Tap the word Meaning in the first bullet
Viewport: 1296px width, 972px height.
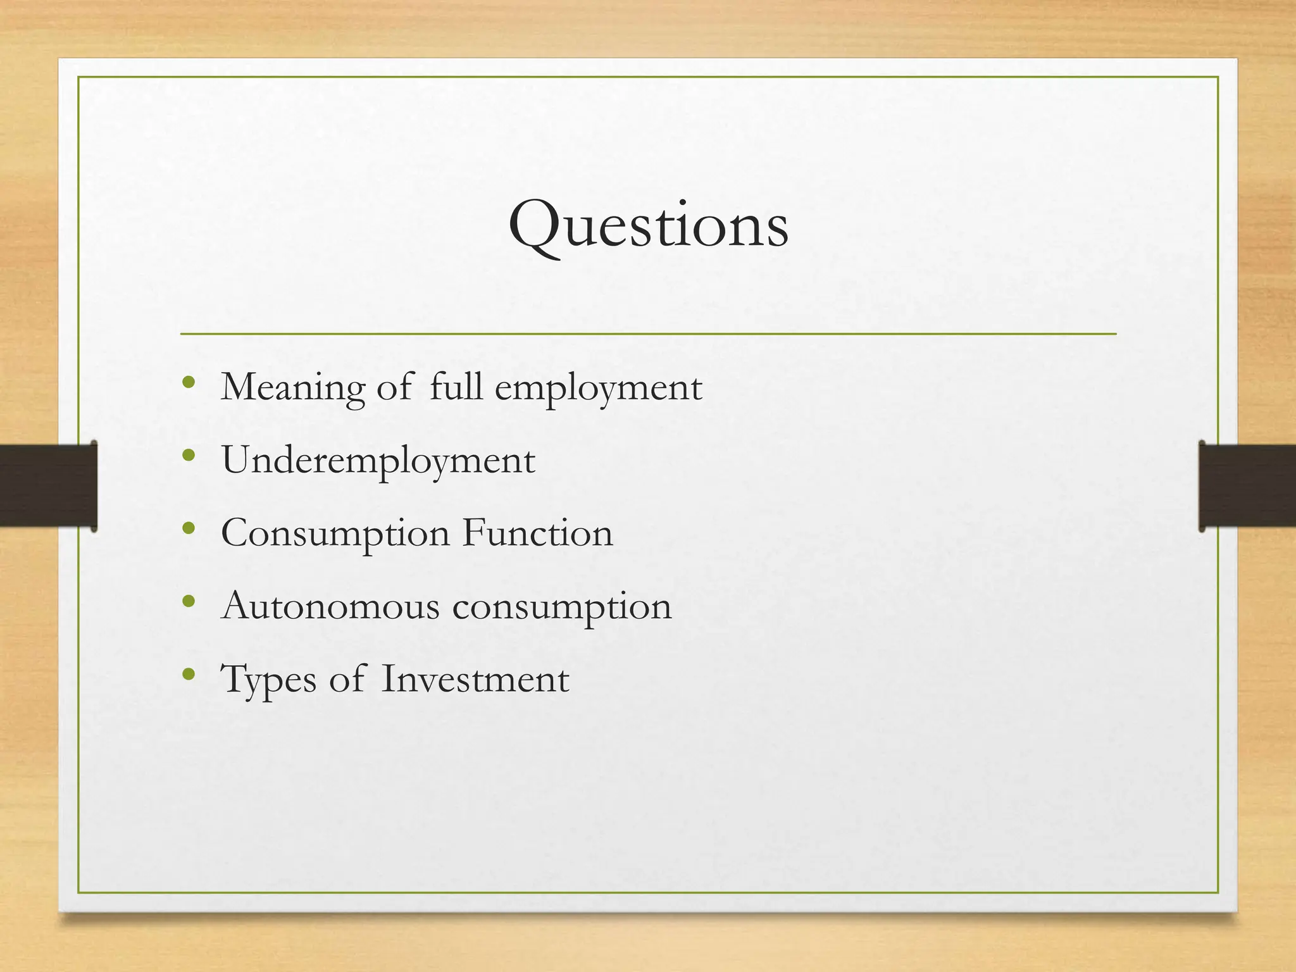coord(293,387)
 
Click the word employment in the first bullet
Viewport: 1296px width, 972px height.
coord(598,388)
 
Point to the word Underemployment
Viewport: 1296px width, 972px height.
coord(378,461)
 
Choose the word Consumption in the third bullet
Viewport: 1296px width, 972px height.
coord(335,533)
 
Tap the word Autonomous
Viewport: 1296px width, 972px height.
coord(330,606)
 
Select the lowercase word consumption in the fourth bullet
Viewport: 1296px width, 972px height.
coord(562,607)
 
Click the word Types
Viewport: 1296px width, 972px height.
coord(268,680)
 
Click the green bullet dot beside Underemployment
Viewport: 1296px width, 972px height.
coord(188,455)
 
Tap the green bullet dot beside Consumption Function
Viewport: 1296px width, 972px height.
coord(188,528)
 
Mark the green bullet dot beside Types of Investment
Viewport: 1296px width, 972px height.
coord(188,674)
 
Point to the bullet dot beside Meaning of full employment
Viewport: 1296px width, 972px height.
coord(188,382)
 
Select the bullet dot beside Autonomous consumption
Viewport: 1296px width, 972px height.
coord(188,601)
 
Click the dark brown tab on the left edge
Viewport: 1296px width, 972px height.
coord(48,485)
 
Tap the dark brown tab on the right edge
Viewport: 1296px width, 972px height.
coord(1247,485)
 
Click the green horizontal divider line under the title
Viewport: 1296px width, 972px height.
coord(648,333)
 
